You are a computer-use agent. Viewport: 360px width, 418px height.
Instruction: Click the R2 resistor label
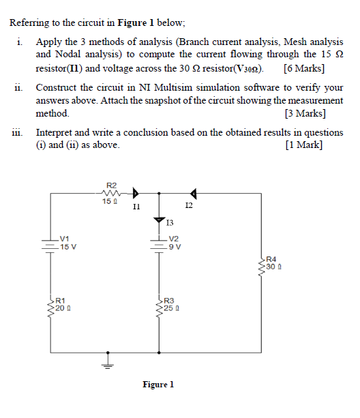coord(112,185)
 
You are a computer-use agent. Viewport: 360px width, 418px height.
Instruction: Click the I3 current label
coord(170,222)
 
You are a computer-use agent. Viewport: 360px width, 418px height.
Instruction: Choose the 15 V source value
coord(68,247)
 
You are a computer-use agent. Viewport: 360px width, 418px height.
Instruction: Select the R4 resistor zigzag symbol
coord(262,263)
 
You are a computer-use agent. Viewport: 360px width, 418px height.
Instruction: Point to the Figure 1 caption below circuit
coord(158,385)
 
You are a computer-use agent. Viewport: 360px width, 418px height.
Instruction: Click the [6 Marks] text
coord(303,68)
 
